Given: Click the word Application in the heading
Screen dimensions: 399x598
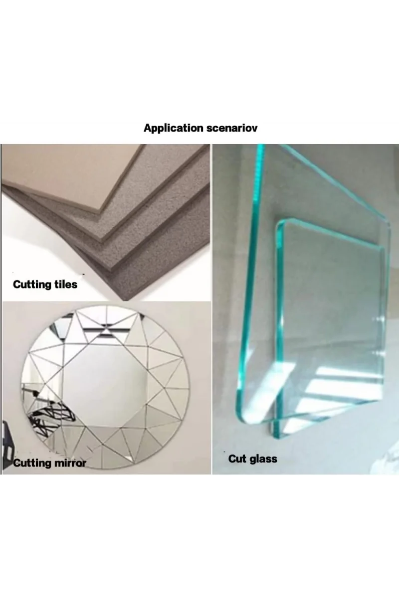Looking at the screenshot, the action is coord(174,129).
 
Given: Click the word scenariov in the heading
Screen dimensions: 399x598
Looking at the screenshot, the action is coord(232,129).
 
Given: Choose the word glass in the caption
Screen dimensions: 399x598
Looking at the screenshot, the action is coord(263,459).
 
